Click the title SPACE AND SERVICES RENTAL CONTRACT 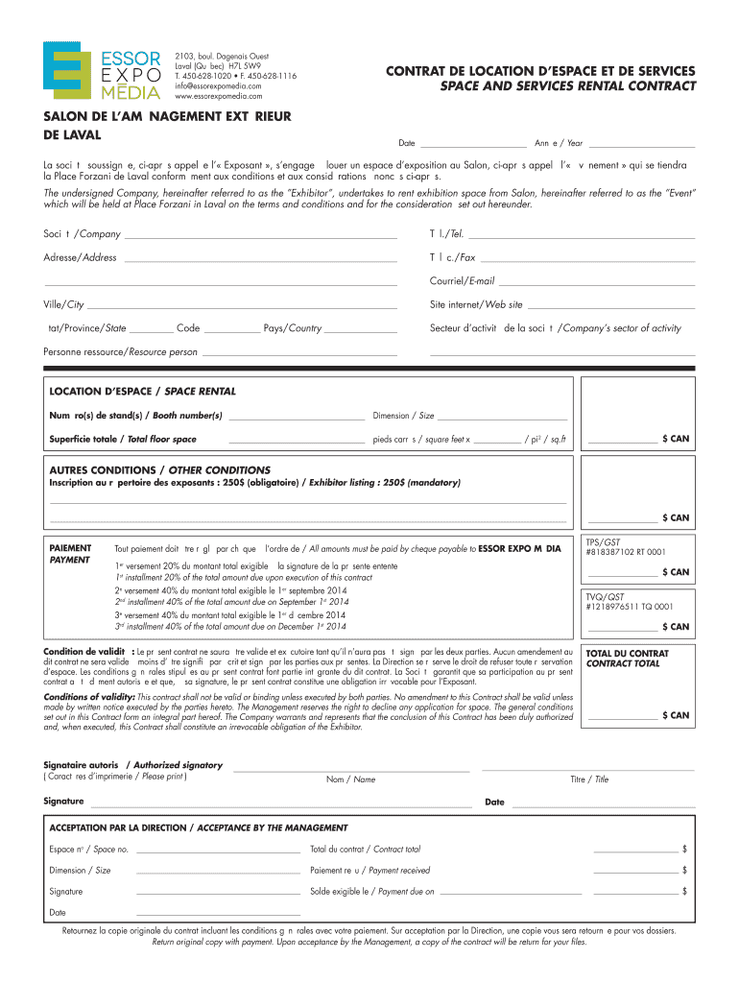[568, 86]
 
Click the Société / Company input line [260, 235]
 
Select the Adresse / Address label [80, 258]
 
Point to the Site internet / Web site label [476, 305]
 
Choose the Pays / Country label [292, 328]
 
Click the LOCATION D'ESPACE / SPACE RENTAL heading [142, 392]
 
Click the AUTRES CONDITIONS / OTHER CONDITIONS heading [159, 470]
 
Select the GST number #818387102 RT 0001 [625, 553]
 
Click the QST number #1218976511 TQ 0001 [629, 607]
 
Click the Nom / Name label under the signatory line [351, 779]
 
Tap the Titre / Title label [589, 779]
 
